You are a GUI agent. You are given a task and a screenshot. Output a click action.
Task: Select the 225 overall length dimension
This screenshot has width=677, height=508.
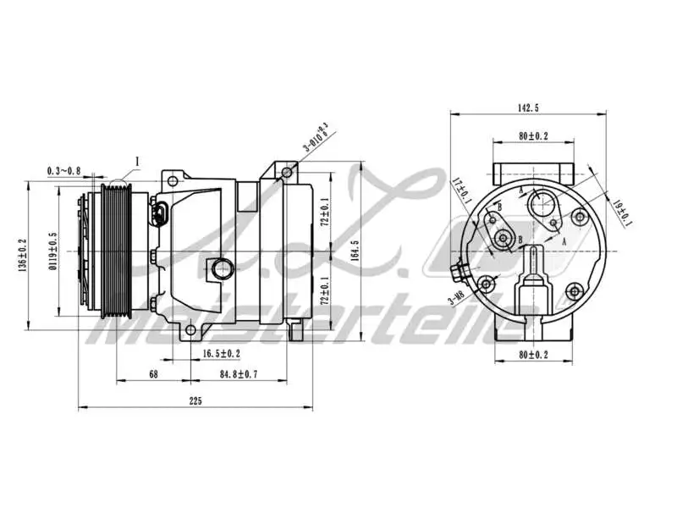pos(195,401)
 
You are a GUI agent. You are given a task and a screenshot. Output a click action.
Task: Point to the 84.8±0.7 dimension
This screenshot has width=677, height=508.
pos(239,373)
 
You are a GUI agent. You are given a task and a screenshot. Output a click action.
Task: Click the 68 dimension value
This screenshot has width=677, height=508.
pos(153,373)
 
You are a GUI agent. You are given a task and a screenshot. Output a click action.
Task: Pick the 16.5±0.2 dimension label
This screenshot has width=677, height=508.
pos(221,353)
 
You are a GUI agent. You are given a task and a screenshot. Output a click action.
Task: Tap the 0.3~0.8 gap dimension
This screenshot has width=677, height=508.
pos(64,170)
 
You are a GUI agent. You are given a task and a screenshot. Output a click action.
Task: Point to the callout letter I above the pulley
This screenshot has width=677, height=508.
pos(136,158)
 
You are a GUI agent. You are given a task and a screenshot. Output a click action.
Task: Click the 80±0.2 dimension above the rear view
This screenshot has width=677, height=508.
pos(533,135)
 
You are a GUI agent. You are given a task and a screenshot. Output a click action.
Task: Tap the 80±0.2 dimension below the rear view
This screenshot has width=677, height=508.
pos(533,355)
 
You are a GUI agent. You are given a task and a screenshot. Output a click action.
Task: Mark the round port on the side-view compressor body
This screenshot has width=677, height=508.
pos(222,269)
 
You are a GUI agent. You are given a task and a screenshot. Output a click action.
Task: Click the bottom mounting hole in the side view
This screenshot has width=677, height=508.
pos(190,329)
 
